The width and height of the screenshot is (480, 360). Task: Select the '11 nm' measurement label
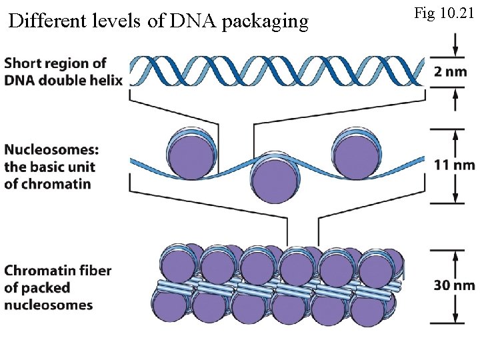pyautogui.click(x=455, y=165)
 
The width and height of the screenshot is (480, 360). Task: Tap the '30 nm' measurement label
pyautogui.click(x=455, y=285)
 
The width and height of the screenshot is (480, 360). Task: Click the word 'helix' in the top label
pyautogui.click(x=107, y=81)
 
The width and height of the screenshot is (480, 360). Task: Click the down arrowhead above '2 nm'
pyautogui.click(x=455, y=52)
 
